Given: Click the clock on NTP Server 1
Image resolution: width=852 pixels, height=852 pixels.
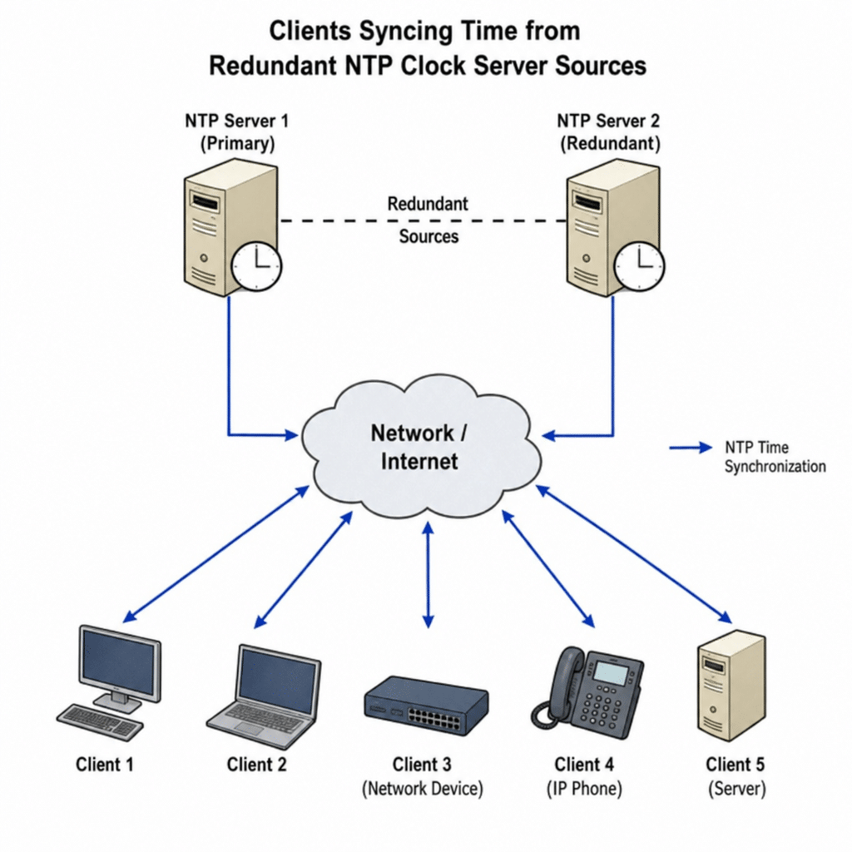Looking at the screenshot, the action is [256, 266].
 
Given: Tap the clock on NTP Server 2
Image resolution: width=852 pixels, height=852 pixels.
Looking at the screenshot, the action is [639, 266].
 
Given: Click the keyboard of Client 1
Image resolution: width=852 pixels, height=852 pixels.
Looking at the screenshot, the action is [101, 721].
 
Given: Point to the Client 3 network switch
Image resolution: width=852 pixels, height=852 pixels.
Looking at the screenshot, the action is [426, 706].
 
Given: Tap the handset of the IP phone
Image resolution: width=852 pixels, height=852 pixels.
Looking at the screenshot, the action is [554, 686].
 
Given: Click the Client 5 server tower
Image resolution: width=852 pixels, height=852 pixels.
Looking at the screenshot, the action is [731, 686].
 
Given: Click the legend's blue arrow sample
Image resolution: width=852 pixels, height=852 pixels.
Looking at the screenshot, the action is [690, 448].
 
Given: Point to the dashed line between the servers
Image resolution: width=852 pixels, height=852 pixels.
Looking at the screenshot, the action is [424, 220].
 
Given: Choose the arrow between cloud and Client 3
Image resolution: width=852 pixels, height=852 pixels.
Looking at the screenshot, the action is [428, 575].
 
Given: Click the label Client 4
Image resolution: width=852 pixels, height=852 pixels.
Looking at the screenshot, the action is [583, 765].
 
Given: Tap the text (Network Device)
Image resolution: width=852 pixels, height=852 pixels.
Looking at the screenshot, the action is [422, 789].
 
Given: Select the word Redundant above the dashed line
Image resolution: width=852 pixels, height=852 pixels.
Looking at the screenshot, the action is [428, 204].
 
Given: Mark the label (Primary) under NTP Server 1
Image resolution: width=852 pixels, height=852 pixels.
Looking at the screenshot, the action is [237, 143].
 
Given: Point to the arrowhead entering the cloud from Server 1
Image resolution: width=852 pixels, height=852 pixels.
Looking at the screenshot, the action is [292, 434].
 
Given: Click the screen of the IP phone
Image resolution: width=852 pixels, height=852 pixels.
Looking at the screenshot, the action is [612, 672].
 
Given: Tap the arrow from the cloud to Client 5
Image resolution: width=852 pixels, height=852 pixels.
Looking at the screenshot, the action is [634, 553].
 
